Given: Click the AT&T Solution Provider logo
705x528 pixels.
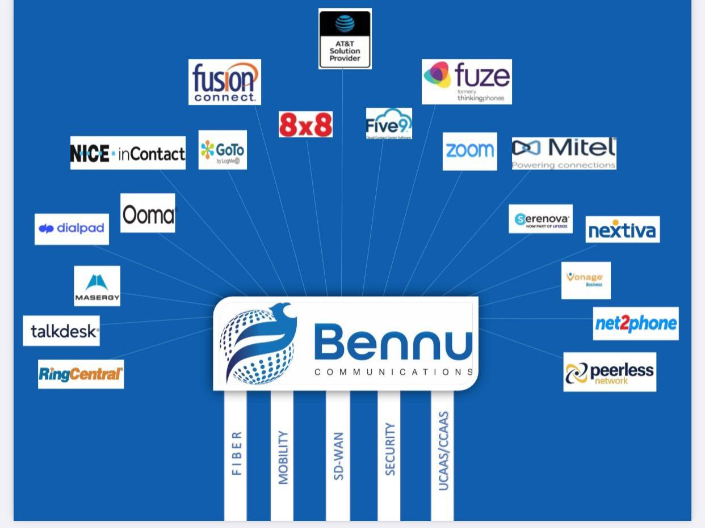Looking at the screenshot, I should click(345, 39).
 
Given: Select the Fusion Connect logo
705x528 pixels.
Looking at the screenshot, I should click(225, 82).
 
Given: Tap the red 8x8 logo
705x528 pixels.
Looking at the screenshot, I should click(305, 125).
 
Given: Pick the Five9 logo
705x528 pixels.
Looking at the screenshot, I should click(389, 124).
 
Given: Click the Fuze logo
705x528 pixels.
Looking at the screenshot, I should click(467, 82).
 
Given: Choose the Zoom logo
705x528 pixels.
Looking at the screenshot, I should click(469, 151).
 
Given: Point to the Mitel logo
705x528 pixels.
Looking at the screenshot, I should click(564, 153).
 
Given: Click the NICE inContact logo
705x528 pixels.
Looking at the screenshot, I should click(128, 153).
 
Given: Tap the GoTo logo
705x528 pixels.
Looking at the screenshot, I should click(223, 150).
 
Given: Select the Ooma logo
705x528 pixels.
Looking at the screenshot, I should click(148, 213).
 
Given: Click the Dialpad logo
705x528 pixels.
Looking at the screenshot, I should click(72, 229).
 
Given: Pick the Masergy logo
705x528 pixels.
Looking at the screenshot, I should click(97, 286).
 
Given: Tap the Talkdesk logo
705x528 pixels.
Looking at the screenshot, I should click(61, 331).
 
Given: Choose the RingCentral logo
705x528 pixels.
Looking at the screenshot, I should click(81, 374).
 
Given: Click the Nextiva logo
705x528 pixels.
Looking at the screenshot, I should click(622, 230).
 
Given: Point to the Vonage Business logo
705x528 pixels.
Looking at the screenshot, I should click(586, 280).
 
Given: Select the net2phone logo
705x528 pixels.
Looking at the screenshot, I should click(636, 324).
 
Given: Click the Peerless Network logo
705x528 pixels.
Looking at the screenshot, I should click(610, 372).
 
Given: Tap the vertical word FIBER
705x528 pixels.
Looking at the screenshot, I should click(236, 453).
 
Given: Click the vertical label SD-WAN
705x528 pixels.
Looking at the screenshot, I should click(338, 457).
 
